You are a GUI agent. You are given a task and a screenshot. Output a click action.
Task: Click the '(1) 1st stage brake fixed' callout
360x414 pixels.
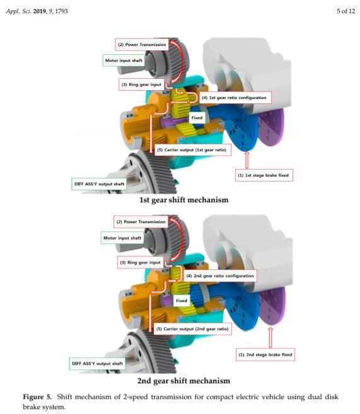[264, 175]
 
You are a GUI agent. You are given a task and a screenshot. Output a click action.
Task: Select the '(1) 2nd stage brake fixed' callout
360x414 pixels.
[265, 355]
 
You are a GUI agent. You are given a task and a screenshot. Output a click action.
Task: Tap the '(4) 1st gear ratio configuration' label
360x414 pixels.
[235, 98]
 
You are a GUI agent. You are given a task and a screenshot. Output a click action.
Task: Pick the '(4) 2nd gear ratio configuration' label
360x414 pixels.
[220, 275]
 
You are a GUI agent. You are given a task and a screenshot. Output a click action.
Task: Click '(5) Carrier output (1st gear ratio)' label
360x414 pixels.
[192, 150]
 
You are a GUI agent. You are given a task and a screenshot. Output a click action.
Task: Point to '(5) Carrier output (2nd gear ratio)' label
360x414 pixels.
[192, 329]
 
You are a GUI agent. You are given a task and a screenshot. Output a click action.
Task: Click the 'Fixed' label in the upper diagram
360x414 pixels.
[197, 117]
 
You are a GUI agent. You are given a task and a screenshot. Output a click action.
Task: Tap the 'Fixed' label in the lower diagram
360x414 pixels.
[182, 301]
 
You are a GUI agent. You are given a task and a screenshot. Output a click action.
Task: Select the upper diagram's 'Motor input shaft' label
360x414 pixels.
[124, 60]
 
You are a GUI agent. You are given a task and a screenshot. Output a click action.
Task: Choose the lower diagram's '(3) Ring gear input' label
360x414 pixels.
[140, 262]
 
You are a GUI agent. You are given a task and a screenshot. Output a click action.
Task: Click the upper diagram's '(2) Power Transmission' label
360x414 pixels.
[142, 45]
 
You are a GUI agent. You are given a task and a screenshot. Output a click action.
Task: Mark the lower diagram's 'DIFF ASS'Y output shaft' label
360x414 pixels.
[98, 364]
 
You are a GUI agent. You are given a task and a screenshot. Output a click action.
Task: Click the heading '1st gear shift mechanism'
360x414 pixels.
[184, 200]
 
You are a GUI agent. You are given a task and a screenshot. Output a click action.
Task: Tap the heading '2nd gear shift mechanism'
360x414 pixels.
[184, 381]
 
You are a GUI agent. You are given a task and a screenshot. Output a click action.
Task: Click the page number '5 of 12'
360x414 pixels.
[345, 11]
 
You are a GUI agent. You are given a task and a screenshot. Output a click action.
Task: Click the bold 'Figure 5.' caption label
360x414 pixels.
[37, 396]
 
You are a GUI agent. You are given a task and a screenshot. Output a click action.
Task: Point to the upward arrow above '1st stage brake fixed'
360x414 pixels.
[247, 159]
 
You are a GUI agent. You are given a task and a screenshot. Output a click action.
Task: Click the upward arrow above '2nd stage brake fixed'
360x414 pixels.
[270, 338]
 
